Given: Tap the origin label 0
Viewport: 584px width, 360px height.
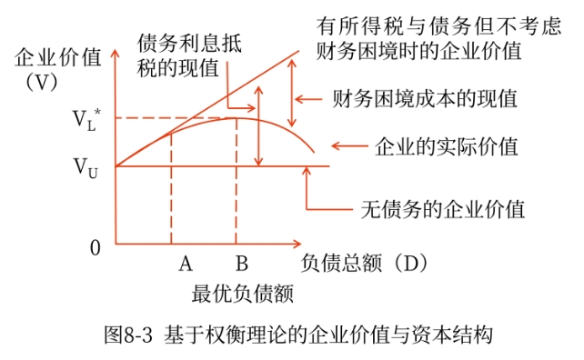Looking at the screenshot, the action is click(x=95, y=247).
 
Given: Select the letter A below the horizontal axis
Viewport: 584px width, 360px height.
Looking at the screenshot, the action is click(x=185, y=265).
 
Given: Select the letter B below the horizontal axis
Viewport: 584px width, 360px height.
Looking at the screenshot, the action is click(x=241, y=265).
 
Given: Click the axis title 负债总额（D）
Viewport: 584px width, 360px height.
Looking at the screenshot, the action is click(x=363, y=264).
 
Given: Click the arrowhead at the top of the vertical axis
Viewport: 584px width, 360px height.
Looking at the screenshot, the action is click(x=115, y=53).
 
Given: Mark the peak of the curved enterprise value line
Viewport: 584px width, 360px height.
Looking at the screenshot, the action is click(x=237, y=117).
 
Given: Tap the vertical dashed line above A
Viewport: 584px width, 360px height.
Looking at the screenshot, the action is click(x=171, y=191).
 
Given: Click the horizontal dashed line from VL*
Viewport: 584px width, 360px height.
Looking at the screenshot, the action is click(x=173, y=117).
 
